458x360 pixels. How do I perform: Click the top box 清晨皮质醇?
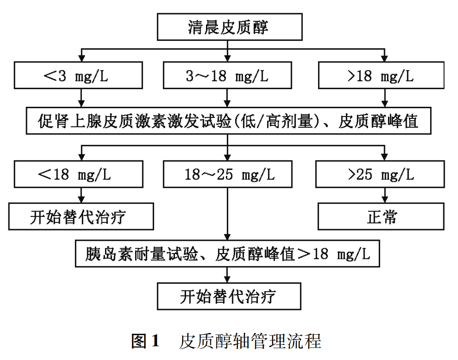point(229,27)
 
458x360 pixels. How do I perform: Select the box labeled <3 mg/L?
point(78,75)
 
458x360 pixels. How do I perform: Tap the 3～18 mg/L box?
point(227,75)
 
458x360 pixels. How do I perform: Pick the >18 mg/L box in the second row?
point(381,75)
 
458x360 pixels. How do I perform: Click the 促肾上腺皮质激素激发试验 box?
point(229,121)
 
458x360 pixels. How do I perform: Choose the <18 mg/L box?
point(78,174)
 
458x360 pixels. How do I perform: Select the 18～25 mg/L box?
point(228,174)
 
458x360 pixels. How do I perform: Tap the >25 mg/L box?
point(380,174)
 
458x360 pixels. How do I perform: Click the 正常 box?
point(381,216)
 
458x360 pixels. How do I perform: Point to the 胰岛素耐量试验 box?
point(227,254)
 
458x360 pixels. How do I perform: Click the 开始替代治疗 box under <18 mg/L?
point(81,216)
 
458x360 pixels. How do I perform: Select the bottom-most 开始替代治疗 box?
point(229,296)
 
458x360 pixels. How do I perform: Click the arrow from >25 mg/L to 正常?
point(384,196)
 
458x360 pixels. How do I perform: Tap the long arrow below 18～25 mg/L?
point(227,214)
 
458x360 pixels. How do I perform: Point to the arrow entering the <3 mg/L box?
point(82,55)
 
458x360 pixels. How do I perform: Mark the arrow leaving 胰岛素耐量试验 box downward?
point(227,275)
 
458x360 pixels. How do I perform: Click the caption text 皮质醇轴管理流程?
point(250,341)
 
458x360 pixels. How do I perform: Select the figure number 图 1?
point(145,341)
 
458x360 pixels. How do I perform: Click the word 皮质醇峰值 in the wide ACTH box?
point(378,121)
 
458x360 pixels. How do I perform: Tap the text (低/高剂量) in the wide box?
point(277,121)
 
